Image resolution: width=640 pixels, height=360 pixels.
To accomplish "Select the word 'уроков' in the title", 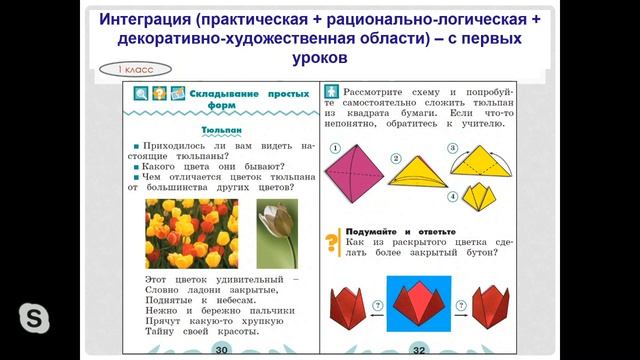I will [321, 58].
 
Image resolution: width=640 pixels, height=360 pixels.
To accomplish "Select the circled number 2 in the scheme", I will [395, 158].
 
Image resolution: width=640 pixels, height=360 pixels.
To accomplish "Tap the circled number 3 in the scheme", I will [452, 149].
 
